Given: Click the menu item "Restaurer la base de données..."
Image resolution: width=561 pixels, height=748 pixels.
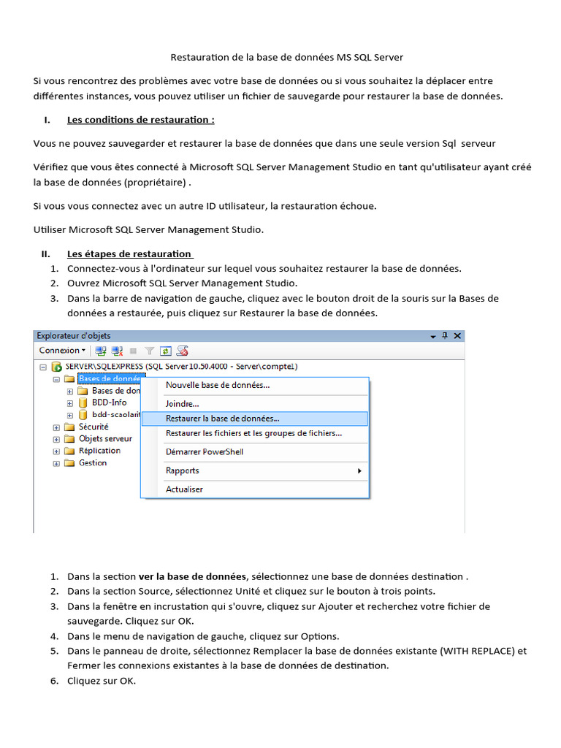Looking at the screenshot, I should tap(222, 419).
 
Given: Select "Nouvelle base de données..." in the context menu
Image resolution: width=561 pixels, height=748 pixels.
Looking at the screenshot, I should tap(218, 385).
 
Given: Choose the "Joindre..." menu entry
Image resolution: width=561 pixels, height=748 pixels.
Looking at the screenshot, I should tap(182, 403).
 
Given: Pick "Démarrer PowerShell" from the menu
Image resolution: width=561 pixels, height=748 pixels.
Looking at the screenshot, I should tap(205, 451).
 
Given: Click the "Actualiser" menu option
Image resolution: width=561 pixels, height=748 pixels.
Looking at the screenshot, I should tap(184, 489).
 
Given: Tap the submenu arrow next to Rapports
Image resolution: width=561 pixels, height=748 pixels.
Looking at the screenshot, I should tap(359, 471).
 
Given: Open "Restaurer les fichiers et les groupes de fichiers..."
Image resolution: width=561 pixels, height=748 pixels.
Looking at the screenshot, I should tap(253, 433).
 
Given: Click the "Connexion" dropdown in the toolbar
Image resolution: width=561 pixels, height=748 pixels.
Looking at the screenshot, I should tap(62, 351).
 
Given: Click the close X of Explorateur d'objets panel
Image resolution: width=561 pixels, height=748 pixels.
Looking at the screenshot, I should tap(457, 336).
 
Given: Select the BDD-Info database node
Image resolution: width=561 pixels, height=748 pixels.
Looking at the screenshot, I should tap(109, 402).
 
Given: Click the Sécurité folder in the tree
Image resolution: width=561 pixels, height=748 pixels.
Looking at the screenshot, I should tap(93, 427).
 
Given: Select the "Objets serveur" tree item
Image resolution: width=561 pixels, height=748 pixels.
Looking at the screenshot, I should tap(105, 439).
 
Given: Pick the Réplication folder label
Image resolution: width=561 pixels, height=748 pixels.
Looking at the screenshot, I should tap(99, 451).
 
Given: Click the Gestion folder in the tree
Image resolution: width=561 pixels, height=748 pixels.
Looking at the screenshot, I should tap(93, 463).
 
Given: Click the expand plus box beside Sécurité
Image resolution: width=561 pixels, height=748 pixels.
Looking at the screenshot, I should tap(56, 427).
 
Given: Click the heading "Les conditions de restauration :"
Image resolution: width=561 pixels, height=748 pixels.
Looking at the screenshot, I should tap(140, 120).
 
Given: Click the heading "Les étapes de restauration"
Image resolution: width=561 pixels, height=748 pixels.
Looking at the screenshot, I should tap(129, 254).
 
